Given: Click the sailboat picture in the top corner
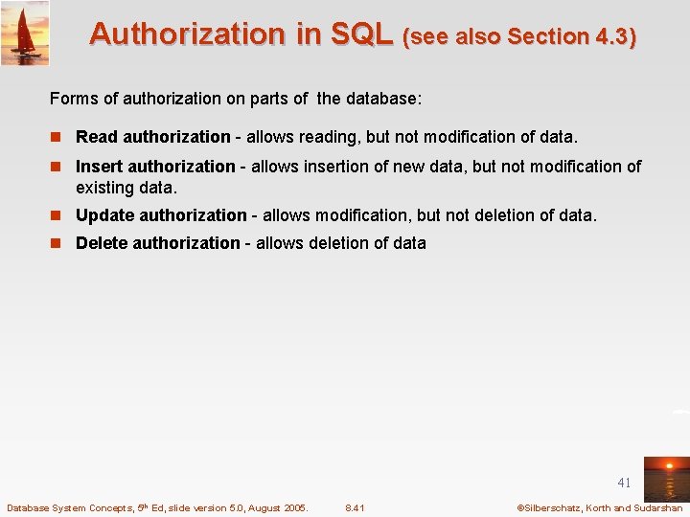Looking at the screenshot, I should coord(25,33).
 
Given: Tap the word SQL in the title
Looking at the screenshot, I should coord(361,34).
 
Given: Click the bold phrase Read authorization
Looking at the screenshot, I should coord(152,137).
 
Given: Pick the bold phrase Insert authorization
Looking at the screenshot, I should coord(155,167).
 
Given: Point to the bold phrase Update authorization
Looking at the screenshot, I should coord(161,215).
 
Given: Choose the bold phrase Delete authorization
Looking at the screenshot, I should coord(157,243).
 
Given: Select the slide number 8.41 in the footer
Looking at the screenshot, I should coord(355,507).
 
